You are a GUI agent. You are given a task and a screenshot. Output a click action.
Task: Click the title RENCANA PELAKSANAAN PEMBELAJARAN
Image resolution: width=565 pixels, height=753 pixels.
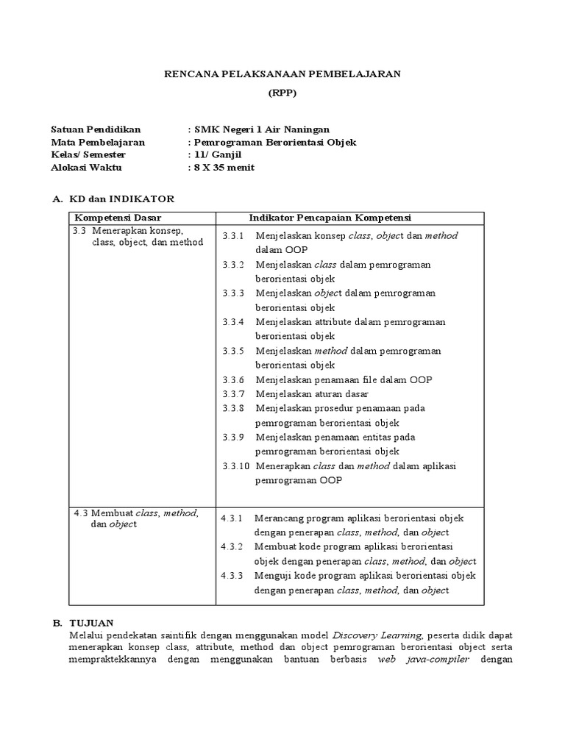282,75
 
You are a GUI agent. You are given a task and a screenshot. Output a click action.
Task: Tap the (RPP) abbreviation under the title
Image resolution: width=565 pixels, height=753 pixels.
282,94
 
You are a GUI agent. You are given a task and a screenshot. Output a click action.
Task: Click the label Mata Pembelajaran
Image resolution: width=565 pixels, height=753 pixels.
98,142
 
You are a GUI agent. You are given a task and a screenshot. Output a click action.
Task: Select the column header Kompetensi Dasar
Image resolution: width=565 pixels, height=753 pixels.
118,218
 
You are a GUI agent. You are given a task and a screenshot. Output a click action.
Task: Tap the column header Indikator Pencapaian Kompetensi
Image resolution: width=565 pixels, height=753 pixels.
330,218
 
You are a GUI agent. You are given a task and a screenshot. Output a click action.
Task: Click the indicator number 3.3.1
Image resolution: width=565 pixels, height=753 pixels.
232,236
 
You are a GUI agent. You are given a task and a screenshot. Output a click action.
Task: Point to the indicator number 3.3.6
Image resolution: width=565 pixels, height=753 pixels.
232,379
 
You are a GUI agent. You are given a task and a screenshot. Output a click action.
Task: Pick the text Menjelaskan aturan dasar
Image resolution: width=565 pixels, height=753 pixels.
312,394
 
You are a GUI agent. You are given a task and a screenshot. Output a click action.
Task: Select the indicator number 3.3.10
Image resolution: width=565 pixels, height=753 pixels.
235,466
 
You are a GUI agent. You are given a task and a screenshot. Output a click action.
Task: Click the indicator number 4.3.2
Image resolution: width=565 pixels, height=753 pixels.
232,546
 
